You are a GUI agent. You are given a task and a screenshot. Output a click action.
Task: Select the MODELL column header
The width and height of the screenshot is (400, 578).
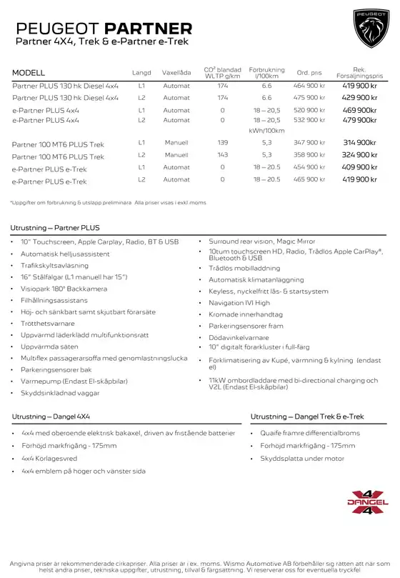tap(29, 73)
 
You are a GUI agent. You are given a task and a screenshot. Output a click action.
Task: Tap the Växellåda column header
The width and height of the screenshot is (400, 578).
tap(176, 73)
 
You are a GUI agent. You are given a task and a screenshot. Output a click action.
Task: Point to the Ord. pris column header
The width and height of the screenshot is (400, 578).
tap(309, 73)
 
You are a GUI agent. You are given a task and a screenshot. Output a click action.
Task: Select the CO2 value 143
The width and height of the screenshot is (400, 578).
tap(223, 155)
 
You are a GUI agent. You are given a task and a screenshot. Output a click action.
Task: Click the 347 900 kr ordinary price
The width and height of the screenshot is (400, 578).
tap(309, 143)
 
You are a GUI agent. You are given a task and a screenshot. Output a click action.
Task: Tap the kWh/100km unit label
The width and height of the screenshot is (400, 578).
tap(266, 131)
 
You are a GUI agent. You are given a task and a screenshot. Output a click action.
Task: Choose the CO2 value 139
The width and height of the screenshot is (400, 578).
tap(223, 143)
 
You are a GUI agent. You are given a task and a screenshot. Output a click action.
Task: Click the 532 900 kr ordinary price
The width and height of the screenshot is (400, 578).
tap(309, 120)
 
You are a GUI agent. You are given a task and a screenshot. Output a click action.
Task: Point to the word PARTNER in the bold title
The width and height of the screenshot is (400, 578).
tap(149, 29)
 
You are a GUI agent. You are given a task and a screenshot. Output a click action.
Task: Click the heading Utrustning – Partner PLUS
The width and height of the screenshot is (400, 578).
tap(56, 226)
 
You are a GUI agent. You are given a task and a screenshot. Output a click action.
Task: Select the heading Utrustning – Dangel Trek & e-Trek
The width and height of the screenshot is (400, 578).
tap(307, 417)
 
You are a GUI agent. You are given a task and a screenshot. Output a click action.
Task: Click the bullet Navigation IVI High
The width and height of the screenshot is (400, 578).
tap(239, 303)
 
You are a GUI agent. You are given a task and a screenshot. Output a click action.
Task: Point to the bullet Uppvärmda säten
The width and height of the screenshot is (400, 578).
tap(49, 347)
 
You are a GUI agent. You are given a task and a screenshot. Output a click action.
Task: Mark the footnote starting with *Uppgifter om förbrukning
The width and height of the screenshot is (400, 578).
tap(108, 202)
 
